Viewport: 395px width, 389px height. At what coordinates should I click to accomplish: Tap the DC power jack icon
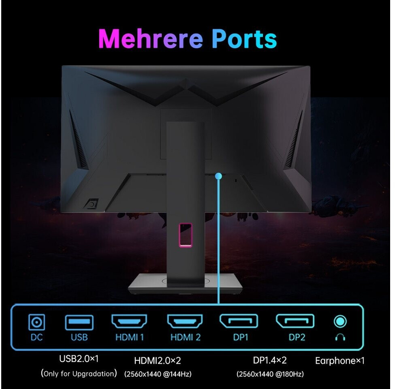click(x=36, y=323)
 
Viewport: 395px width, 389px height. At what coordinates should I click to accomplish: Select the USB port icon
click(x=79, y=323)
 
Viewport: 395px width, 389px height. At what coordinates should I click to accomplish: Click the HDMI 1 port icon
click(x=129, y=321)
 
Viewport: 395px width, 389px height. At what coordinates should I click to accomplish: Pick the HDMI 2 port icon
click(x=185, y=321)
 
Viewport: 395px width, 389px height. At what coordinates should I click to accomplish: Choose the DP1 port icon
click(x=239, y=321)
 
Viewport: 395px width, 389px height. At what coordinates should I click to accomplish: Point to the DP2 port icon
click(x=295, y=321)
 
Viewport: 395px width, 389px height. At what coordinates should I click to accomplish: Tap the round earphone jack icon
click(x=340, y=322)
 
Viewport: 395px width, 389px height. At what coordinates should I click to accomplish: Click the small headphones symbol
click(x=340, y=337)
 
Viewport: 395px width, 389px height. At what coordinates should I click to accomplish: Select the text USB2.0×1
click(x=79, y=359)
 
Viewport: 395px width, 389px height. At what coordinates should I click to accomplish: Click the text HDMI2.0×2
click(x=157, y=360)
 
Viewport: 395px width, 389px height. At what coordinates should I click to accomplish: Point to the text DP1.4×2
click(x=269, y=360)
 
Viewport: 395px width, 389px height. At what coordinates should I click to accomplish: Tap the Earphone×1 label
click(x=340, y=360)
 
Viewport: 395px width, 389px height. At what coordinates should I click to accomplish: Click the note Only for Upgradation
click(x=79, y=374)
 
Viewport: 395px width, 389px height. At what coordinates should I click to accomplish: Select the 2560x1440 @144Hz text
click(x=158, y=374)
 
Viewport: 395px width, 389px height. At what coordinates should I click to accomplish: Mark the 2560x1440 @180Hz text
click(x=270, y=374)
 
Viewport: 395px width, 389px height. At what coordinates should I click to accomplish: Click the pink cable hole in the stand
click(x=186, y=234)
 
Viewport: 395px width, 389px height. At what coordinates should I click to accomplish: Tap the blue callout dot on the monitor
click(x=219, y=176)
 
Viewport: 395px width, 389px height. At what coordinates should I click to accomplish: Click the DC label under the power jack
click(x=36, y=337)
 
